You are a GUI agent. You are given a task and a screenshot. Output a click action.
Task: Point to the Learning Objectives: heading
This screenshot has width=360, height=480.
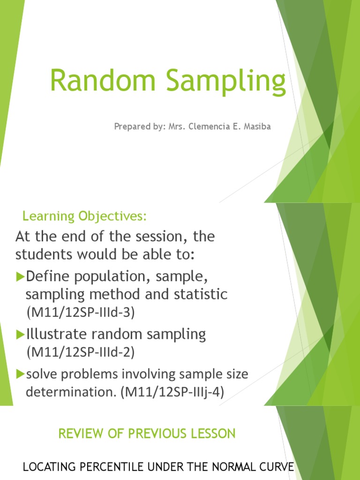tap(85, 217)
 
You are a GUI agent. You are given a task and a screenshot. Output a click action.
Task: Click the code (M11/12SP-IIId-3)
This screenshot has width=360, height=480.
tap(80, 313)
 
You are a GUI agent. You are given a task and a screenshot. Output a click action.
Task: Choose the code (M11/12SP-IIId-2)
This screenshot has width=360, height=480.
tap(80, 352)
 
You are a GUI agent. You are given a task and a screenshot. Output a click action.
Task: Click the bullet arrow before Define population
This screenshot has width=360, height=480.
tap(20, 277)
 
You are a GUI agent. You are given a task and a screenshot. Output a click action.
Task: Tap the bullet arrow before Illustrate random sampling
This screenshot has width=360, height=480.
tap(20, 335)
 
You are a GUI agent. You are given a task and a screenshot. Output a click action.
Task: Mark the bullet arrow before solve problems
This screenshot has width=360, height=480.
tap(20, 374)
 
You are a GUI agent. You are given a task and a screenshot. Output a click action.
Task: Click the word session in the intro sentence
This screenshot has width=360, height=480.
tap(148, 237)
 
